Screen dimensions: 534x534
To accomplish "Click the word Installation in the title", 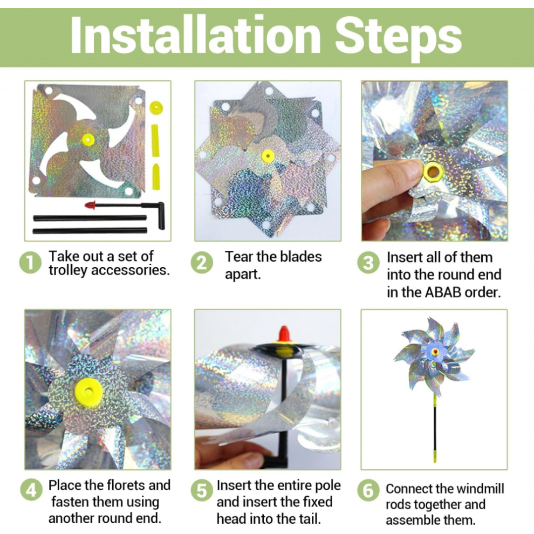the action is click(195, 35).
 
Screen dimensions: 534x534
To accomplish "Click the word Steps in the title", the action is click(399, 37).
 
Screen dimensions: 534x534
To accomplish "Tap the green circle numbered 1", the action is click(30, 263).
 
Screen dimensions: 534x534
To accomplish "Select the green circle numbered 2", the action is click(202, 263).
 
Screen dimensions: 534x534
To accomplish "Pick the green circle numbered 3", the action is click(368, 263).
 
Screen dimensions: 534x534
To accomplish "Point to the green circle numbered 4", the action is click(31, 490).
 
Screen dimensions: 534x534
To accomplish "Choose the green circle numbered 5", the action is click(202, 490).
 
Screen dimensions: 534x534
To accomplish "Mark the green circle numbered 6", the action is click(368, 490).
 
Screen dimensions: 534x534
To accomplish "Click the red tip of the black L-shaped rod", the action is click(90, 205).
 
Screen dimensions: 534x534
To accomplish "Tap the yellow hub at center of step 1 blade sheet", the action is click(88, 140).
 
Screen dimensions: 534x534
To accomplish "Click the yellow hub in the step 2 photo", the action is click(268, 156).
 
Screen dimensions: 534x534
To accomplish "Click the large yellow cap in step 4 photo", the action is click(88, 392).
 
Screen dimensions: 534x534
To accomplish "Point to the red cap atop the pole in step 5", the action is click(284, 334).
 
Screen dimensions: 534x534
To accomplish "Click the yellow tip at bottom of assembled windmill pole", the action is click(435, 455).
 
